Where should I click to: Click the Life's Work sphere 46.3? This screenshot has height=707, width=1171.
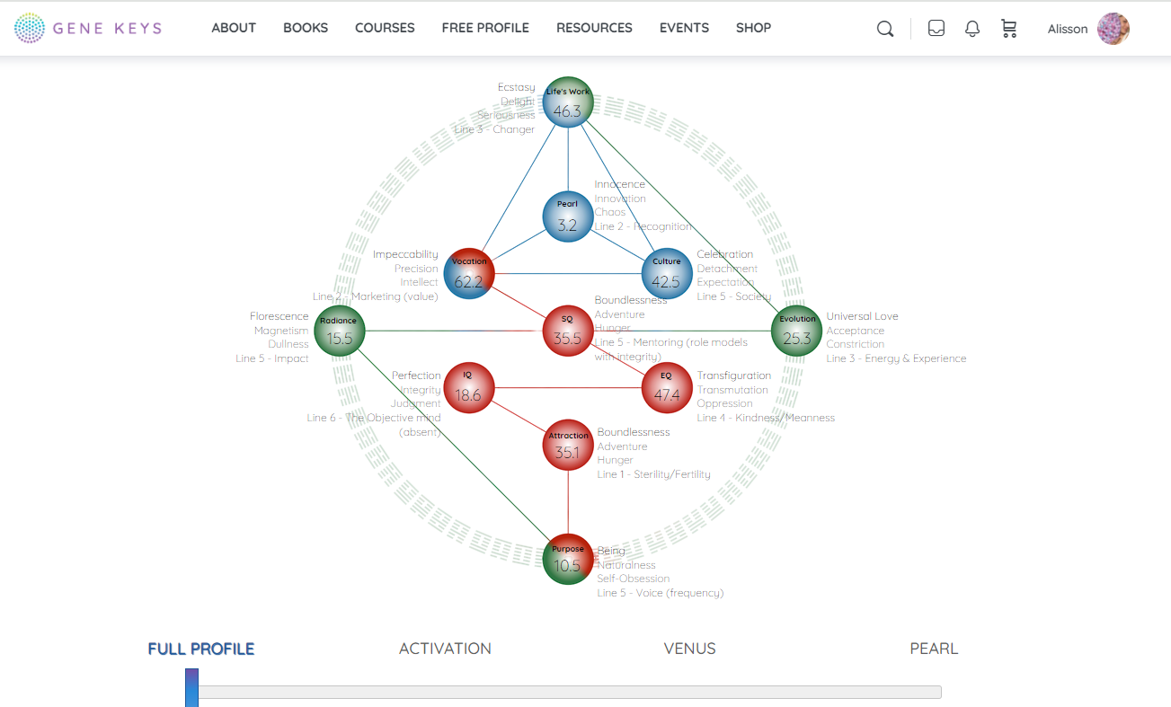(x=567, y=102)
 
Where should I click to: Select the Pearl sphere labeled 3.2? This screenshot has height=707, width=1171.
(x=567, y=217)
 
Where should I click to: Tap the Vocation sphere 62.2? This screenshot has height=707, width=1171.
(x=469, y=273)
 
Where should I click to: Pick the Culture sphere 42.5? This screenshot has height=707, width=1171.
(x=666, y=273)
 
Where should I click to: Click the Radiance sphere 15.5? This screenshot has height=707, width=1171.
(x=340, y=331)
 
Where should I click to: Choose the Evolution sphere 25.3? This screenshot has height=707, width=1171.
(x=796, y=331)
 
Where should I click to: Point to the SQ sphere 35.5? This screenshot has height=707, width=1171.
(x=567, y=331)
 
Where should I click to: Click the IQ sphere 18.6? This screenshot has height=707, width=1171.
(x=468, y=387)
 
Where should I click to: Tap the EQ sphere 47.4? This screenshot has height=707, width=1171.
(x=667, y=387)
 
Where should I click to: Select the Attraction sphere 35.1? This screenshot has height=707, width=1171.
(x=568, y=445)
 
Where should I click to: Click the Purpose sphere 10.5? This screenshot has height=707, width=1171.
(x=568, y=559)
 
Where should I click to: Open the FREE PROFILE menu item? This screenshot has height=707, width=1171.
(x=485, y=28)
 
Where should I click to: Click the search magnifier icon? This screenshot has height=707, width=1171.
(x=885, y=29)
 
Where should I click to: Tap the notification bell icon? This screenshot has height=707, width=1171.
(x=972, y=29)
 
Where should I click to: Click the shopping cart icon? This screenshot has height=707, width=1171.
(x=1009, y=29)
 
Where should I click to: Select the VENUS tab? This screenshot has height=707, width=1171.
(x=689, y=649)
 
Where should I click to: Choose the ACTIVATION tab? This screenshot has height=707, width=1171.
(x=445, y=649)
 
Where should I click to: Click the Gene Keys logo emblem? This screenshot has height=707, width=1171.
(x=30, y=28)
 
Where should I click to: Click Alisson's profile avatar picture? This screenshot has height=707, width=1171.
(x=1113, y=29)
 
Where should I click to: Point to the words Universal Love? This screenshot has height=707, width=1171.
(x=862, y=316)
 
